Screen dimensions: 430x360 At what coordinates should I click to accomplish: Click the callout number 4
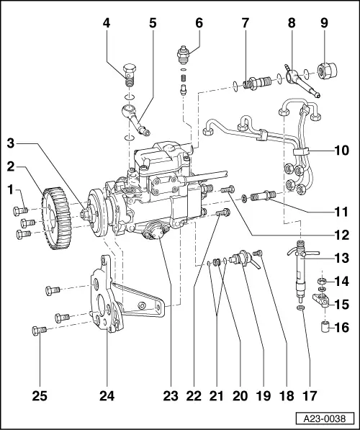coord(107,23)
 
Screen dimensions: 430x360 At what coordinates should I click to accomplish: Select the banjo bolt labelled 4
coord(130,73)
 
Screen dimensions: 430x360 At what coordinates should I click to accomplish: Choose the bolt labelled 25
coord(39,330)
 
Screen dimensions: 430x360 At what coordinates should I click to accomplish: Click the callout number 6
coord(199,23)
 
